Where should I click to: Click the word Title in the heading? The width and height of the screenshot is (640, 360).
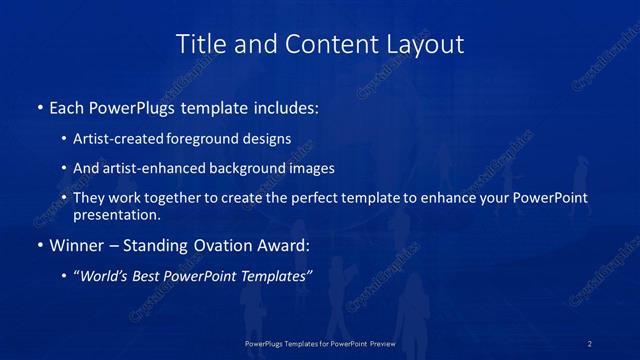point(199,44)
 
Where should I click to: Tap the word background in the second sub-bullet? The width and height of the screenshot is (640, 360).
point(265,169)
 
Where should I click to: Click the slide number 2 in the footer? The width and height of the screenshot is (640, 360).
point(590,343)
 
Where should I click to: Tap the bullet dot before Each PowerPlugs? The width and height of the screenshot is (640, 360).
point(39,107)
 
